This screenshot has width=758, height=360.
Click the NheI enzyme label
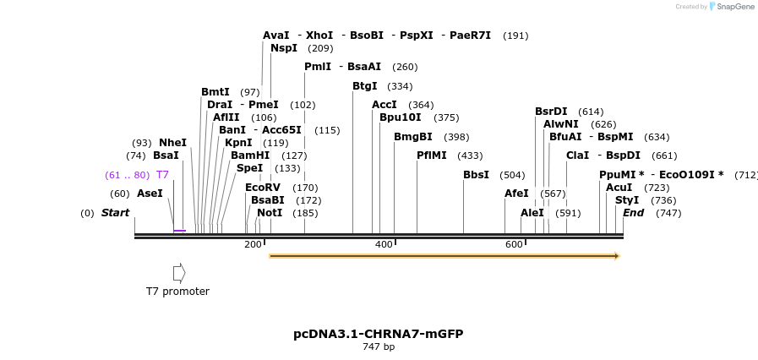pyautogui.click(x=172, y=143)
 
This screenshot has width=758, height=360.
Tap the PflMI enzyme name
pyautogui.click(x=431, y=155)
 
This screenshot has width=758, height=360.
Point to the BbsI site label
pyautogui.click(x=476, y=175)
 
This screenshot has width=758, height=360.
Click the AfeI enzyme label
pyautogui.click(x=516, y=194)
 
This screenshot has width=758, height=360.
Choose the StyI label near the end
pyautogui.click(x=627, y=200)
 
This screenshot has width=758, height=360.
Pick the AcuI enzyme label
pyautogui.click(x=619, y=188)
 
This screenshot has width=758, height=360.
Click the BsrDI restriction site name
pyautogui.click(x=551, y=112)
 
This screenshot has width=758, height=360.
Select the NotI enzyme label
pyautogui.click(x=270, y=213)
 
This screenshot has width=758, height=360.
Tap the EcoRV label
pyautogui.click(x=262, y=188)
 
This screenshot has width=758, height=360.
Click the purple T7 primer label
pyautogui.click(x=162, y=175)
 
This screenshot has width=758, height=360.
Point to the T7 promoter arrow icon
pyautogui.click(x=178, y=273)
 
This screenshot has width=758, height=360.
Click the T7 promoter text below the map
pyautogui.click(x=177, y=292)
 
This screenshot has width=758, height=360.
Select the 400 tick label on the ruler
pyautogui.click(x=384, y=244)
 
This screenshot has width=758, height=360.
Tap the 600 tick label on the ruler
pyautogui.click(x=514, y=244)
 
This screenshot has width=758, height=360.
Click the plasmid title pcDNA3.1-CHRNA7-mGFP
pyautogui.click(x=378, y=334)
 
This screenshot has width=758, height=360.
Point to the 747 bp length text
pyautogui.click(x=378, y=347)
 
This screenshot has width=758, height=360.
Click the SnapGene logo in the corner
pyautogui.click(x=731, y=7)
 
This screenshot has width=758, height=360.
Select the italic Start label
pyautogui.click(x=115, y=213)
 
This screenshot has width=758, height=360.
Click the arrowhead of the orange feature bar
pyautogui.click(x=617, y=255)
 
